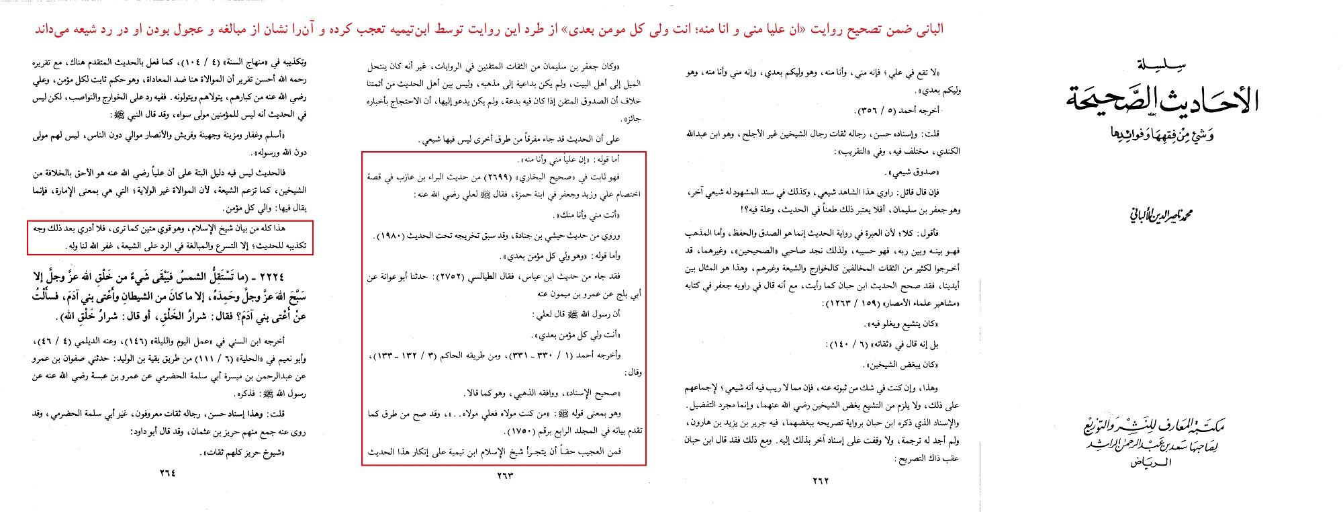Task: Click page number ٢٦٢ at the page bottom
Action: click(821, 480)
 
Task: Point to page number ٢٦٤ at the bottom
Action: click(167, 472)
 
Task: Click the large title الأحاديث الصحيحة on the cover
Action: click(1162, 99)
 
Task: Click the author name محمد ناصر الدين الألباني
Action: click(1160, 216)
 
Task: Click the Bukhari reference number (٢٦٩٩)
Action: click(498, 177)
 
